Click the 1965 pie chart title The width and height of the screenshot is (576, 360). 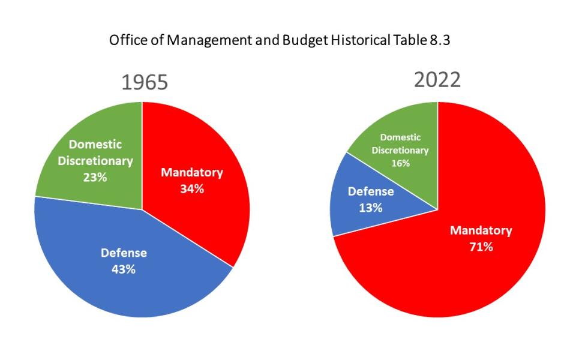[145, 83]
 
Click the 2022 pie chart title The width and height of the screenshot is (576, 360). [437, 79]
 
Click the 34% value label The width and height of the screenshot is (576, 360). [192, 188]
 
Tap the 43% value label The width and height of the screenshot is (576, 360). [123, 269]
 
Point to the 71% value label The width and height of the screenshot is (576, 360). [481, 246]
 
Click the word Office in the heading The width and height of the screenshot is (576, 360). [125, 41]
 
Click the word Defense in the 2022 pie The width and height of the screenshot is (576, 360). [371, 192]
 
